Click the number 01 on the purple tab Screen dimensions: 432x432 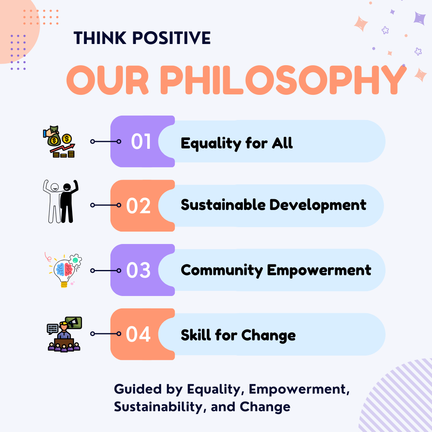tap(141, 142)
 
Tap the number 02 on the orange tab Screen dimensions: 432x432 tap(138, 206)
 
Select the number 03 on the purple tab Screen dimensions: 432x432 tap(138, 270)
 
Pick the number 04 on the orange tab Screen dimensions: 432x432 tap(138, 334)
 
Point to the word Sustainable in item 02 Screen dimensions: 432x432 tap(223, 205)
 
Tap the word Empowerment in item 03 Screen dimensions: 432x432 tap(319, 270)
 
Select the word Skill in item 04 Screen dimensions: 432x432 tap(196, 335)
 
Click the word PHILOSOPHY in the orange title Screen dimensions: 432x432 tap(283, 80)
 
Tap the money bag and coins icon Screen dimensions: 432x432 tap(59, 142)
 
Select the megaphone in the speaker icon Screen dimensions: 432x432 tap(73, 322)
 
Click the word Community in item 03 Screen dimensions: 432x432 tap(222, 270)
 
